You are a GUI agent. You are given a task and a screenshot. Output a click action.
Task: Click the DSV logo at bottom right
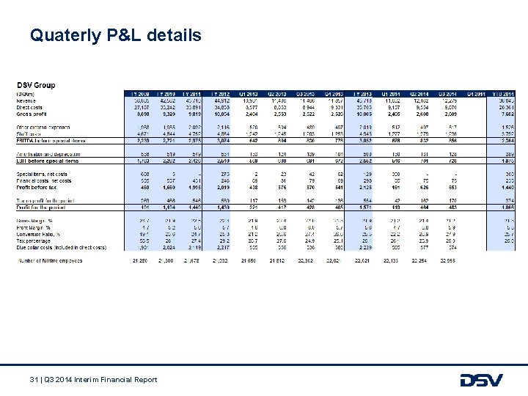[481, 380]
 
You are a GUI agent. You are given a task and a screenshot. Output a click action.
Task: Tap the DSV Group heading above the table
[37, 85]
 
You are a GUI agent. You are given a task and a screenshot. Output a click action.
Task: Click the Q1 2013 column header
[249, 93]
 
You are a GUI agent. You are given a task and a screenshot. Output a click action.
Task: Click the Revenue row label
[29, 99]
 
